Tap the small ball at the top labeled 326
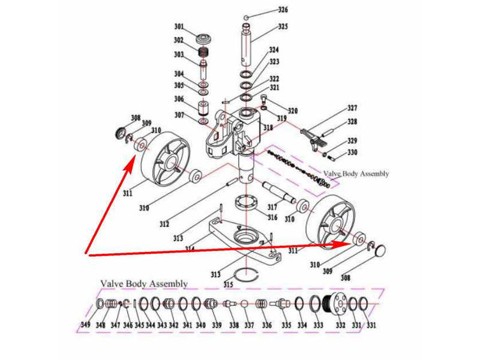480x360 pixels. (247, 17)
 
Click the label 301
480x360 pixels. (179, 26)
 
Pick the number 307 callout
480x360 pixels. (179, 115)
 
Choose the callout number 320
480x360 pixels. (293, 111)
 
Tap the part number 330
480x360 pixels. (352, 152)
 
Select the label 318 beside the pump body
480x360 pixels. (268, 128)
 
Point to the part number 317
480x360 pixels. (272, 208)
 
